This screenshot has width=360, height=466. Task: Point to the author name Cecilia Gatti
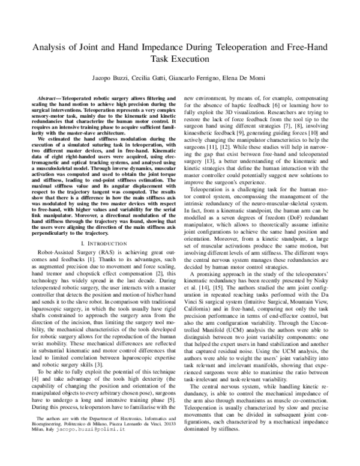point(145,79)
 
